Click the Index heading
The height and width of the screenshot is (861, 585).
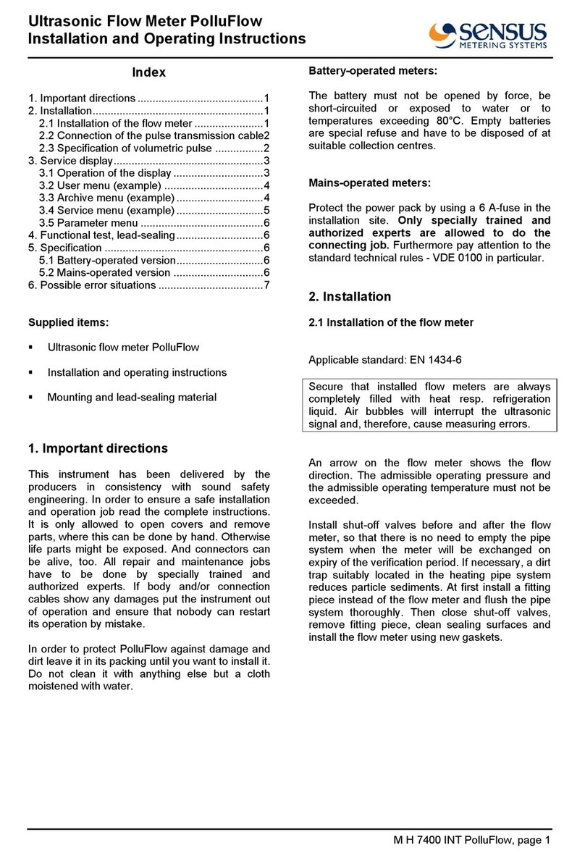coord(148,72)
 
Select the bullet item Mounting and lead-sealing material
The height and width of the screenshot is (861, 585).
coord(131,397)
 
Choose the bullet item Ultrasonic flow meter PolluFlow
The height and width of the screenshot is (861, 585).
coord(123,348)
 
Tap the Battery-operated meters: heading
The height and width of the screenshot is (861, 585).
coord(372,72)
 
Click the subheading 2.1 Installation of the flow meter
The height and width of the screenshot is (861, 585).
coord(391,322)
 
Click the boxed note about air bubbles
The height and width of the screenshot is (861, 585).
coord(429,406)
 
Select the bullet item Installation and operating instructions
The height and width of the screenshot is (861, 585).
coord(137,372)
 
